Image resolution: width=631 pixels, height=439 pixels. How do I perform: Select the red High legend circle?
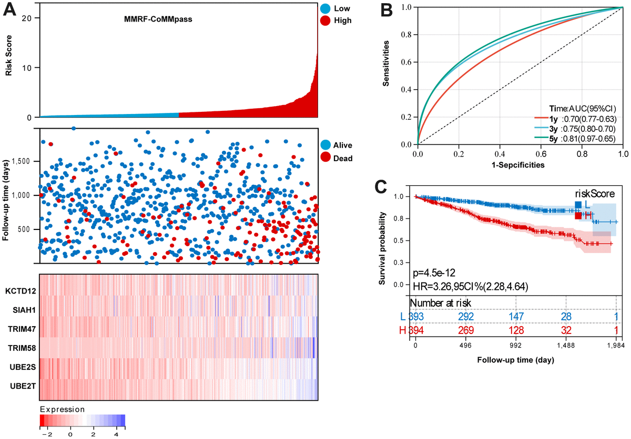click(325, 20)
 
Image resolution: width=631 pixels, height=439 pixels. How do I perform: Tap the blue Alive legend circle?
click(325, 145)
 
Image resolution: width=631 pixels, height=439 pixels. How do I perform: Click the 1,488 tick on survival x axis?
click(566, 347)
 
